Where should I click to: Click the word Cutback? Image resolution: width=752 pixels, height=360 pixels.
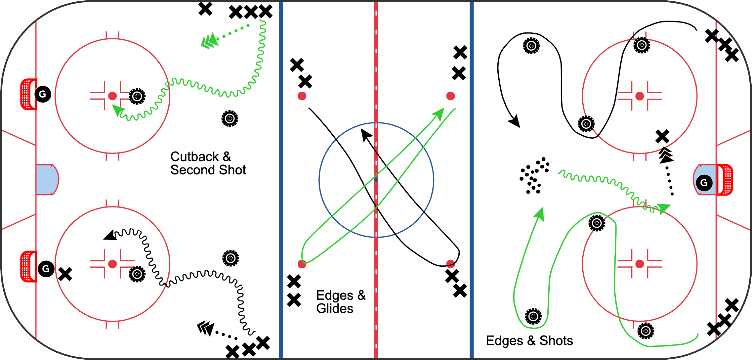pyautogui.click(x=194, y=157)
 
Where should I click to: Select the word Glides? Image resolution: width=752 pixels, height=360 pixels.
pyautogui.click(x=335, y=309)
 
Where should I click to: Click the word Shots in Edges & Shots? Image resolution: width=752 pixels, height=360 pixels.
pyautogui.click(x=556, y=341)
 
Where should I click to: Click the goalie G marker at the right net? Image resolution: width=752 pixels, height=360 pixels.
pyautogui.click(x=704, y=183)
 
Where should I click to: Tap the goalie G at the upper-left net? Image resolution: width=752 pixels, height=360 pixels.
pyautogui.click(x=43, y=94)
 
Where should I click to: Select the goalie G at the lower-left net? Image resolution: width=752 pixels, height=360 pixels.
pyautogui.click(x=46, y=269)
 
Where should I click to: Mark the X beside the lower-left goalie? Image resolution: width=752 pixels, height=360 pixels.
pyautogui.click(x=65, y=274)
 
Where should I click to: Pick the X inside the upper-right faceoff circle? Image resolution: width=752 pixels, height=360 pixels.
pyautogui.click(x=662, y=136)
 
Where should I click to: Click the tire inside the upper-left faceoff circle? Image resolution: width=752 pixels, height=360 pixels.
pyautogui.click(x=137, y=96)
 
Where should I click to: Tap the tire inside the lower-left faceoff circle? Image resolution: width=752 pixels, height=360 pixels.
pyautogui.click(x=137, y=274)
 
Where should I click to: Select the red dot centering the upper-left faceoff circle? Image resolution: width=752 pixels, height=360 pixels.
pyautogui.click(x=112, y=96)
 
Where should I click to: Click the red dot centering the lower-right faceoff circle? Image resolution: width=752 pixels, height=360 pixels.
pyautogui.click(x=640, y=264)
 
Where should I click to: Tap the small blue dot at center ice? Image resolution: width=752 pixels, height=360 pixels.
pyautogui.click(x=376, y=180)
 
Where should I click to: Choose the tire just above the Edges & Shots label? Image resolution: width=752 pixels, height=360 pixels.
pyautogui.click(x=533, y=316)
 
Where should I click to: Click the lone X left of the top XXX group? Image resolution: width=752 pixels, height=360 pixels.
pyautogui.click(x=205, y=9)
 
